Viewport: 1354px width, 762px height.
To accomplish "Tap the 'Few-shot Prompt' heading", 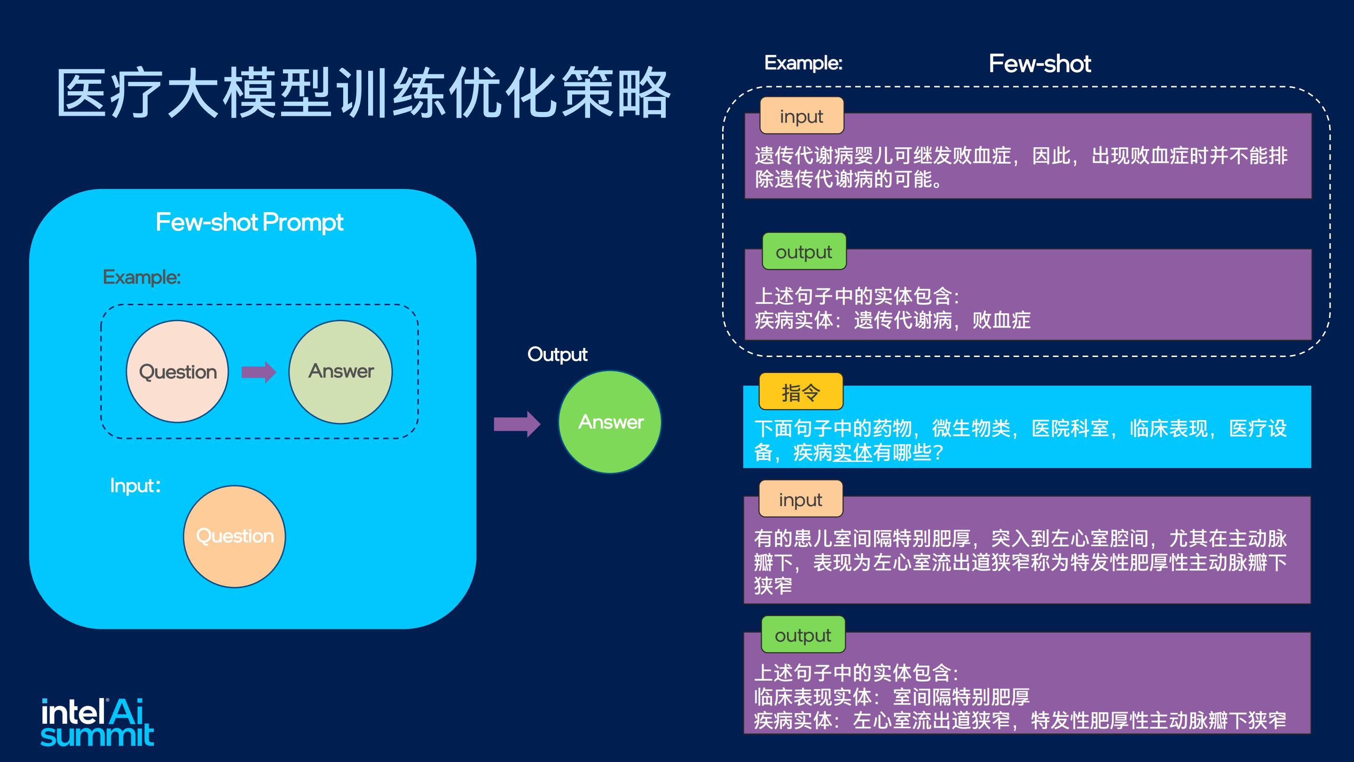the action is [x=250, y=222].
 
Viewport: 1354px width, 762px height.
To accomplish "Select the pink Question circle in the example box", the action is [x=178, y=371].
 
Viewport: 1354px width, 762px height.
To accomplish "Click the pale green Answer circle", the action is [x=340, y=371].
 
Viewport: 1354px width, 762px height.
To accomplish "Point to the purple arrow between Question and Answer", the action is [x=259, y=372].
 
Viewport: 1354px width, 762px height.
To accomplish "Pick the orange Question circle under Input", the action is [x=235, y=536].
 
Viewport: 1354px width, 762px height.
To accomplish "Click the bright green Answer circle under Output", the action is [x=610, y=422].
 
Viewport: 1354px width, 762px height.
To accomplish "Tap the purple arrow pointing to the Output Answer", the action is [x=517, y=424].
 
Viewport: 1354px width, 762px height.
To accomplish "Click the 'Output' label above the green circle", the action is [x=557, y=355].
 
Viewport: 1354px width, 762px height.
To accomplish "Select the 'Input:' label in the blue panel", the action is [x=135, y=485].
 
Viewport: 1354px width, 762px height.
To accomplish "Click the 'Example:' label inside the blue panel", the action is [x=142, y=277].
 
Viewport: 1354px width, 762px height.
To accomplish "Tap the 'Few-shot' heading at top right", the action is [x=1039, y=63].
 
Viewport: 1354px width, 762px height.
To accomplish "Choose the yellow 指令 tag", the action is [x=801, y=392].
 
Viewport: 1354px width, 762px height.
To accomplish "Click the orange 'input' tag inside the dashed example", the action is [x=802, y=116].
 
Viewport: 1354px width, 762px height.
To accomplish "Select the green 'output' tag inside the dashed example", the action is [x=804, y=251].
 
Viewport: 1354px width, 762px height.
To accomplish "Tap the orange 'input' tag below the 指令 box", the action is [x=801, y=499].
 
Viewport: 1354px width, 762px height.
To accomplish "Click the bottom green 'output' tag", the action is [x=803, y=635].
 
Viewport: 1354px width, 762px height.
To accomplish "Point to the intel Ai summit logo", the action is [x=97, y=722].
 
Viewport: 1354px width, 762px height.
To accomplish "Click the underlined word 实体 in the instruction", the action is [x=852, y=452].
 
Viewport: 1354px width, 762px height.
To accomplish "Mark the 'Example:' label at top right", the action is [x=803, y=63].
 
